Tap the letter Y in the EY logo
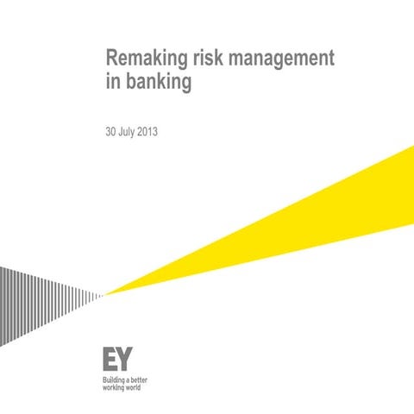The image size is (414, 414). tap(126, 359)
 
